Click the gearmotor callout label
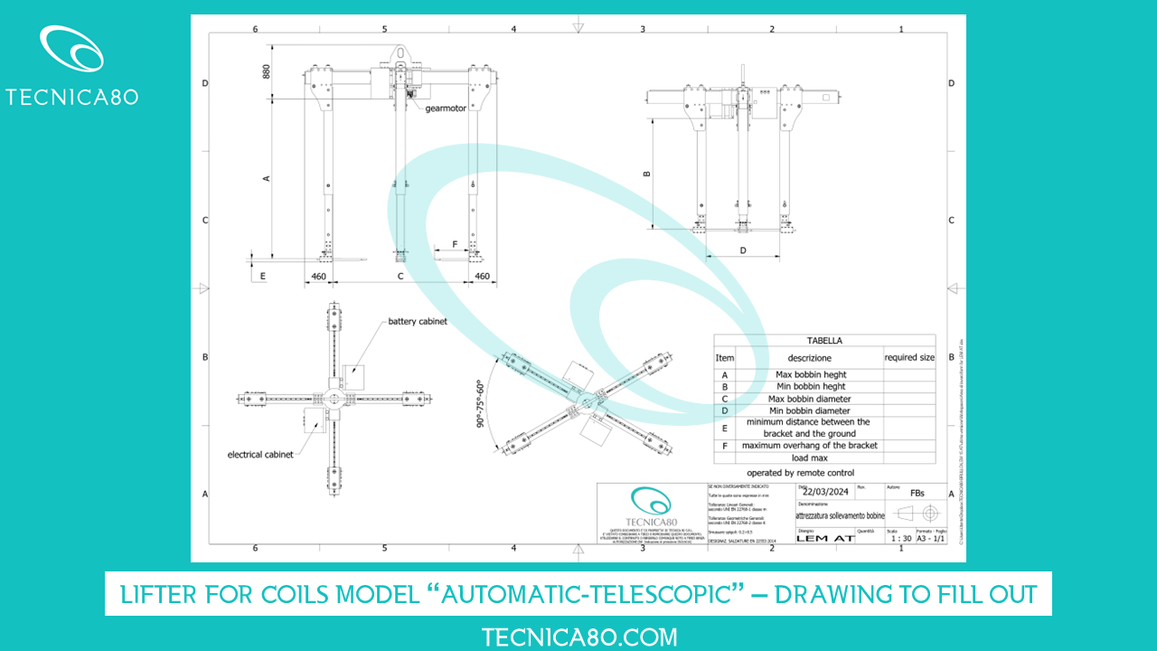[447, 108]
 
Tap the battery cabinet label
[418, 322]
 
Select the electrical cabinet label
[260, 455]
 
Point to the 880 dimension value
[267, 71]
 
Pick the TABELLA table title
[824, 341]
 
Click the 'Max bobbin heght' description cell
[811, 374]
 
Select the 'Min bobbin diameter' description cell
[810, 410]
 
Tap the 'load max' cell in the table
[810, 458]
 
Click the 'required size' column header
[909, 357]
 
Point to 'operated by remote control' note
[800, 473]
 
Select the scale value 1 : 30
[900, 538]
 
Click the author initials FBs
[917, 494]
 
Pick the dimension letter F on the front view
[455, 244]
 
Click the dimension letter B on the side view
[646, 175]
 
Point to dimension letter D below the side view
[742, 250]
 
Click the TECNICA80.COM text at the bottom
[578, 637]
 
